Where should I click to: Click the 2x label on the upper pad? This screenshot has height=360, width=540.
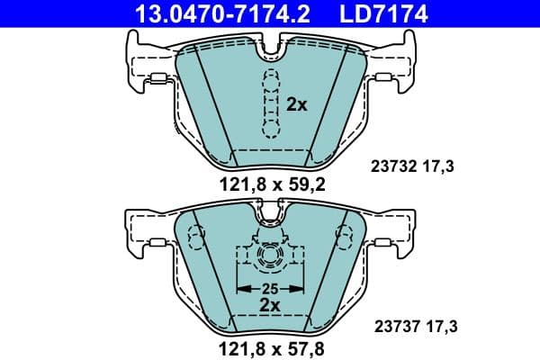coord(297,104)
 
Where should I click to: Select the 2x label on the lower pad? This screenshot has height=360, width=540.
coord(270,306)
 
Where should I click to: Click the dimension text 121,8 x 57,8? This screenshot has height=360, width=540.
coord(270,346)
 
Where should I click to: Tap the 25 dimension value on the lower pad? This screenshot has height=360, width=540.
coord(270,288)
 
